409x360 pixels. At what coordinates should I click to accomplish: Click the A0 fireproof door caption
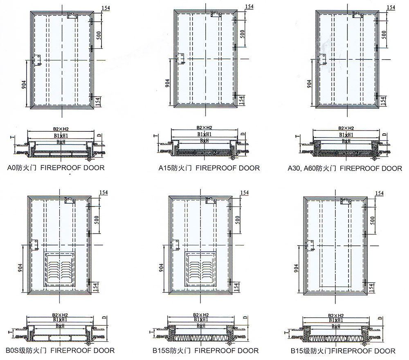coord(56,167)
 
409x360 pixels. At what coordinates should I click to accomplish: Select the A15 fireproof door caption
coord(209,168)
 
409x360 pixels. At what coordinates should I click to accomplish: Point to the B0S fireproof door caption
coord(60,351)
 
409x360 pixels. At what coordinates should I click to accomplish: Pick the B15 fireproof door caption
coord(343,351)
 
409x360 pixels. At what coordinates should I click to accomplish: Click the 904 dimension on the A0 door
coord(24,84)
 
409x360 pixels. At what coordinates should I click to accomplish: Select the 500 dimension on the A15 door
coord(242,34)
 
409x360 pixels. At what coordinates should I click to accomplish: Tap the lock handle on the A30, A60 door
coord(323,60)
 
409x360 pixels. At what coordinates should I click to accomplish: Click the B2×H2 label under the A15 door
coord(203,128)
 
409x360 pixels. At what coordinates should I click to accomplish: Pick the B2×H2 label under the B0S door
coord(60,315)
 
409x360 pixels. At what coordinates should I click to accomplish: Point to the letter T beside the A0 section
coord(11,137)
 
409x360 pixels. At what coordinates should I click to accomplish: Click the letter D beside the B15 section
coord(380,318)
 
